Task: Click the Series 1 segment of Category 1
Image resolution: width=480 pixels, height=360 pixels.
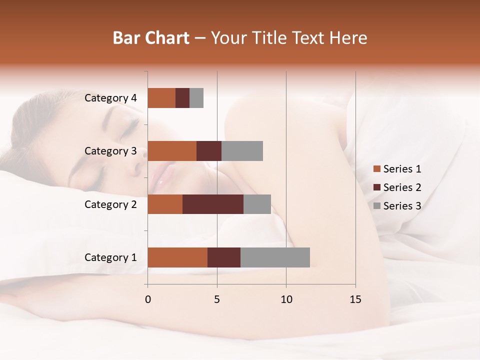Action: pyautogui.click(x=177, y=257)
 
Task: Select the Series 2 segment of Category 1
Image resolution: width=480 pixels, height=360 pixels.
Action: pyautogui.click(x=224, y=257)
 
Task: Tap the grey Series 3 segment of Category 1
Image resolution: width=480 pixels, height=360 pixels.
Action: pyautogui.click(x=275, y=257)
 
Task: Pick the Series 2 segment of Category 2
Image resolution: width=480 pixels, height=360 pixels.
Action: pyautogui.click(x=213, y=204)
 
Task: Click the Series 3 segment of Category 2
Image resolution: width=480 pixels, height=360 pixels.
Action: pyautogui.click(x=257, y=204)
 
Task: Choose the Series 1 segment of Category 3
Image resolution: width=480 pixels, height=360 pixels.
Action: pyautogui.click(x=172, y=151)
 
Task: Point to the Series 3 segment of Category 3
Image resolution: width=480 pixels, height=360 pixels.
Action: pyautogui.click(x=242, y=151)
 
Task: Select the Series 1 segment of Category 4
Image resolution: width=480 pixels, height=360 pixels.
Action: pyautogui.click(x=161, y=98)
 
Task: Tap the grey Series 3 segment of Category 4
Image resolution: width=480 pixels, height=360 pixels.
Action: pyautogui.click(x=196, y=98)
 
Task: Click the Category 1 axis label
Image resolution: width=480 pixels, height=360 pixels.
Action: pyautogui.click(x=110, y=257)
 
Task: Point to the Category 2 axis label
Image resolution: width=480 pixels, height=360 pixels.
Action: pyautogui.click(x=110, y=204)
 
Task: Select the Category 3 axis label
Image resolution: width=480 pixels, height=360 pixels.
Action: pyautogui.click(x=110, y=151)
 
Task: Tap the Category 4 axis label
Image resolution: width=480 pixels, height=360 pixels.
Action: pyautogui.click(x=110, y=98)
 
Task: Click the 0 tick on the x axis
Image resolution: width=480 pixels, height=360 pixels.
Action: pyautogui.click(x=148, y=299)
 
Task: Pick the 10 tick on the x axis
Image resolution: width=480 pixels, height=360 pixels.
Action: pyautogui.click(x=286, y=299)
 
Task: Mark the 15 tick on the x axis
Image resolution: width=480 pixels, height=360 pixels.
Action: pyautogui.click(x=355, y=299)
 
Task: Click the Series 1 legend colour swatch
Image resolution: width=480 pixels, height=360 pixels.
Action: pyautogui.click(x=376, y=169)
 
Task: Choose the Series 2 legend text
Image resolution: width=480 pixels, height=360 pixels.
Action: pyautogui.click(x=402, y=187)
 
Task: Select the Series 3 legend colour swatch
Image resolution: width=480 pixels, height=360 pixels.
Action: pyautogui.click(x=376, y=206)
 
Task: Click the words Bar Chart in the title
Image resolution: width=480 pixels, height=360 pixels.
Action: pyautogui.click(x=151, y=38)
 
